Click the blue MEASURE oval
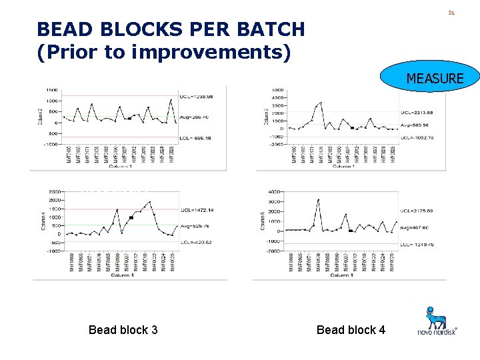[433, 78]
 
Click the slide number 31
[451, 13]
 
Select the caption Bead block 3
[123, 329]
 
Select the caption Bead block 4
[351, 329]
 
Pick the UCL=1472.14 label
[197, 209]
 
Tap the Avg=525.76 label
[196, 224]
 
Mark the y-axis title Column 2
[41, 117]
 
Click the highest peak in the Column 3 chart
[321, 103]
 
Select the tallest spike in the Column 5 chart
[319, 199]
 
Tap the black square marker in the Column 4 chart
[131, 217]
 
